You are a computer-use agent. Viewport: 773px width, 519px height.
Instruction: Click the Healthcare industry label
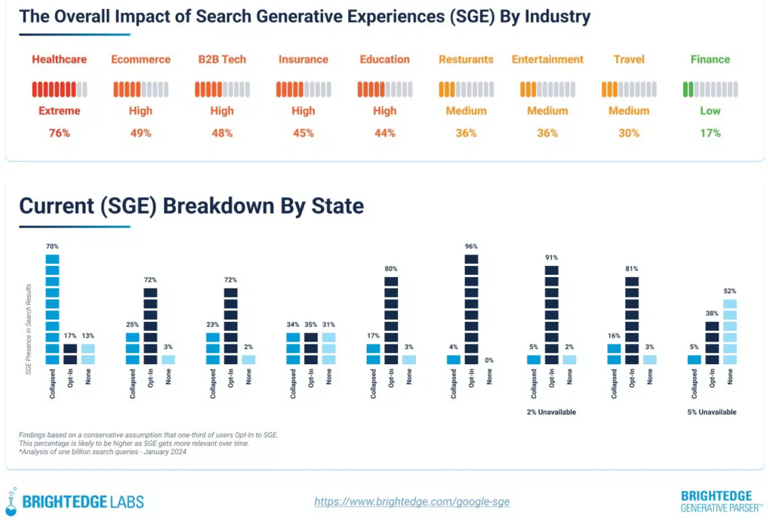point(60,59)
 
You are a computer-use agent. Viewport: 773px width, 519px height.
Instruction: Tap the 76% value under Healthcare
point(60,133)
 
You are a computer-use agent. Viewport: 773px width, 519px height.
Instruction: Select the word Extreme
point(60,110)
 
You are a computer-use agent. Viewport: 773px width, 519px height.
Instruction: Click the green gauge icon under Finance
point(710,89)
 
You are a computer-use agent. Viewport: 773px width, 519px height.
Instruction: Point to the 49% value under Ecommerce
point(140,133)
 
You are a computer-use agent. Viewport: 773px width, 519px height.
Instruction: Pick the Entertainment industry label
point(547,59)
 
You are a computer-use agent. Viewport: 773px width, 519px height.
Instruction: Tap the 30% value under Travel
point(629,133)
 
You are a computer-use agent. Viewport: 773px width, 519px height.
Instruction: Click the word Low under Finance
point(710,110)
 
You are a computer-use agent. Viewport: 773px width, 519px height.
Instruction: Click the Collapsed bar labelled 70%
point(52,309)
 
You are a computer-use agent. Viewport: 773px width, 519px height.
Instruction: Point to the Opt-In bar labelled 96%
point(471,309)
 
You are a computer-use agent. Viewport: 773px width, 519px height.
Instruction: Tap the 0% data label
point(489,360)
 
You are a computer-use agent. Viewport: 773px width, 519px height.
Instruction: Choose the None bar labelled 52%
point(729,332)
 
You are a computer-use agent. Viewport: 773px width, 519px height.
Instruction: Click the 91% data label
point(552,258)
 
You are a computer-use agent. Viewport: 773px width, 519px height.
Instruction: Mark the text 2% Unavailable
point(552,412)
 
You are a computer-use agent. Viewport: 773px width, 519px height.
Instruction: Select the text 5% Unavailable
point(712,412)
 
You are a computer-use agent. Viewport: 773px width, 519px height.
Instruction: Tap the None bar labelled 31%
point(328,348)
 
